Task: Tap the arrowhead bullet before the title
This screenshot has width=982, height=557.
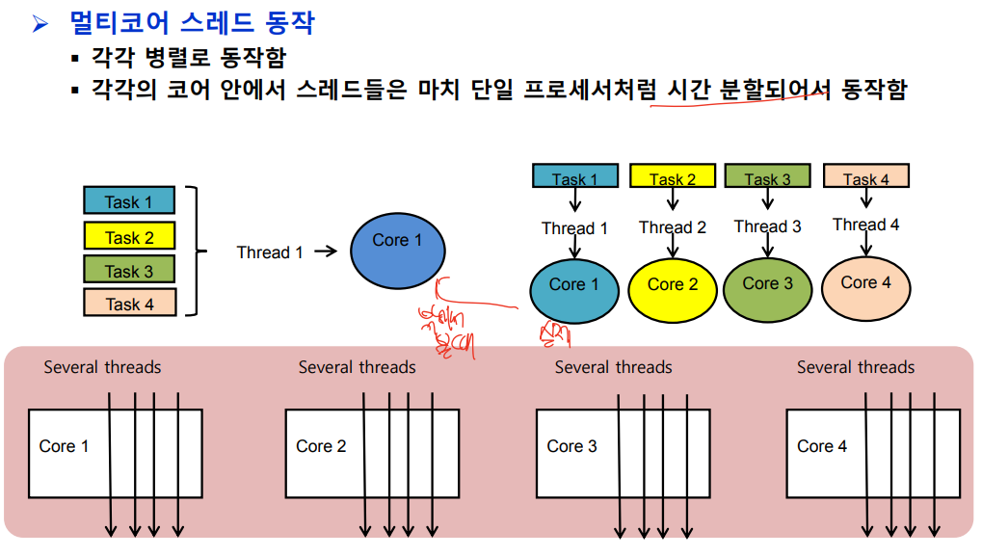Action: point(40,24)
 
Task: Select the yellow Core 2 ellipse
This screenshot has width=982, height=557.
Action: point(672,286)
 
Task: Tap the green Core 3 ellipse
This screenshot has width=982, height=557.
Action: point(768,284)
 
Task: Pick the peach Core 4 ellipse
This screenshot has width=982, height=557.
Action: point(865,283)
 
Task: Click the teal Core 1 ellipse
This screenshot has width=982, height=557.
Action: point(573,286)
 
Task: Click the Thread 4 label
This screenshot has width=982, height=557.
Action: point(865,225)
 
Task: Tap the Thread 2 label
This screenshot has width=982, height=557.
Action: point(672,227)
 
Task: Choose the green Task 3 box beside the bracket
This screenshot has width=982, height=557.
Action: point(129,271)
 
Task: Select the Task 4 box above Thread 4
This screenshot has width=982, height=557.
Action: point(865,176)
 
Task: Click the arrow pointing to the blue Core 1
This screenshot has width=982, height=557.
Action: point(325,252)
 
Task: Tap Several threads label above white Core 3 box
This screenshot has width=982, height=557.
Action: point(613,367)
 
